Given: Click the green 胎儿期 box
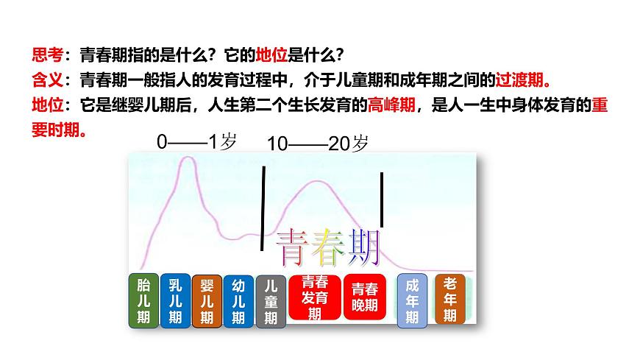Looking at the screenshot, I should [143, 301].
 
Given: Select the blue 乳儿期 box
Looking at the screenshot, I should [174, 301].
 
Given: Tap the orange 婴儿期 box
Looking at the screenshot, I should [207, 301].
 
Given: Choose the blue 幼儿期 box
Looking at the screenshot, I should [238, 301].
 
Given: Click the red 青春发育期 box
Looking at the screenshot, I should [315, 297].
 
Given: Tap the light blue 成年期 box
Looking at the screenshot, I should [412, 300].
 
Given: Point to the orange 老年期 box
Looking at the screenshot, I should [450, 299].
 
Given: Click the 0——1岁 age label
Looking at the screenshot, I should [197, 143].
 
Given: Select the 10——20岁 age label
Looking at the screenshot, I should [317, 144].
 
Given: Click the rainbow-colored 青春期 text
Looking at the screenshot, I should [328, 248].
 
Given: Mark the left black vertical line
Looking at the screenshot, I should [263, 208].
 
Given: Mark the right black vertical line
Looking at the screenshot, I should [382, 200].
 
